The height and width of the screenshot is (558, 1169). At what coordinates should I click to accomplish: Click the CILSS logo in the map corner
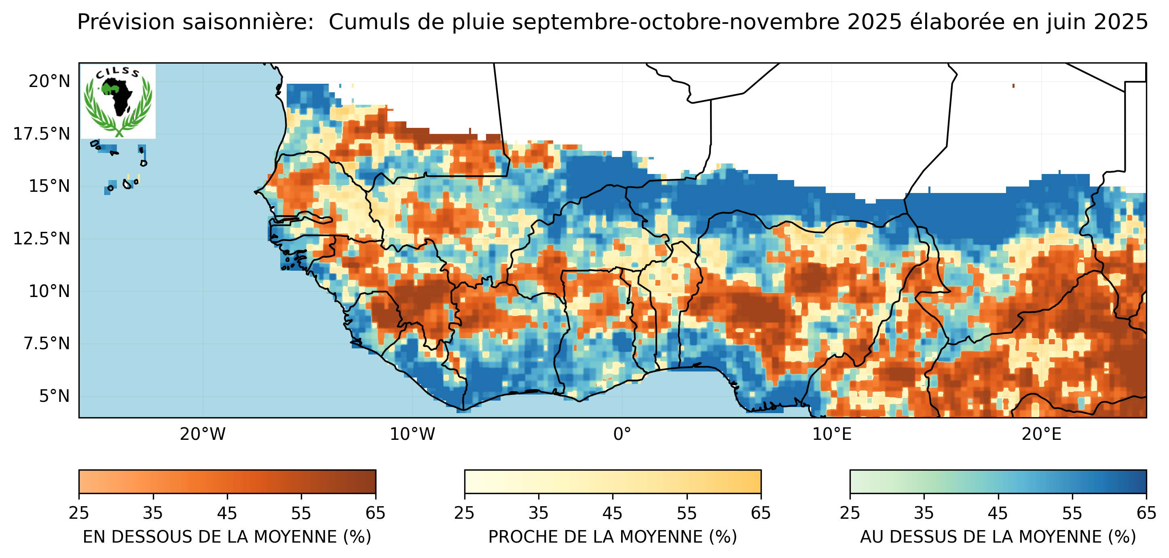[118, 101]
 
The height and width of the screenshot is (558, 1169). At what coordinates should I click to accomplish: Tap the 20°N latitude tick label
[49, 81]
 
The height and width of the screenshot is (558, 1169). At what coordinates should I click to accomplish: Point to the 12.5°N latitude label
[42, 238]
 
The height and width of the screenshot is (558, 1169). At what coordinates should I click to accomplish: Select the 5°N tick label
[55, 396]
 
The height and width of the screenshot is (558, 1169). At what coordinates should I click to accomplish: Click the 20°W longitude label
[203, 434]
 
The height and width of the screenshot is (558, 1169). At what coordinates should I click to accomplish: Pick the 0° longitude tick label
[622, 434]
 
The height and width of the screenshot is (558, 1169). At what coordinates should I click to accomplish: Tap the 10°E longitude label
[831, 434]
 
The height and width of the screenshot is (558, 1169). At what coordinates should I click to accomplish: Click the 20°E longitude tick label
[1042, 434]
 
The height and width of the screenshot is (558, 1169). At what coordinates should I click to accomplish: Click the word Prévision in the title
[126, 22]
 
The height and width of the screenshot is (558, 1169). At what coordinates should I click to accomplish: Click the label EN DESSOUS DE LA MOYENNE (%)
[227, 537]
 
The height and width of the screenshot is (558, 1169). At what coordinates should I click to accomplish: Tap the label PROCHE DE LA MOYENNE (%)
[612, 537]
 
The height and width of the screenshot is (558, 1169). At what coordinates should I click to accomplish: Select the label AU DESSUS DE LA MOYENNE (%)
[998, 537]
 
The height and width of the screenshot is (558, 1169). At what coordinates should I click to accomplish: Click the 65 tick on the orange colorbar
[375, 513]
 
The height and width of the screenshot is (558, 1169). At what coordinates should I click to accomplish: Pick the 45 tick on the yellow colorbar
[612, 513]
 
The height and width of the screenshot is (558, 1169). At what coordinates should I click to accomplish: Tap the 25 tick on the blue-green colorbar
[850, 513]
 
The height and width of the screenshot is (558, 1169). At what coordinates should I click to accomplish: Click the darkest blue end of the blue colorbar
[1142, 481]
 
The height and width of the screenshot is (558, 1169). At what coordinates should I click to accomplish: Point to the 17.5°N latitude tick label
[42, 134]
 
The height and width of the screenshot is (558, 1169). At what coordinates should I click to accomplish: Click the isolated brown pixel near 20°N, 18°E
[1013, 85]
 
